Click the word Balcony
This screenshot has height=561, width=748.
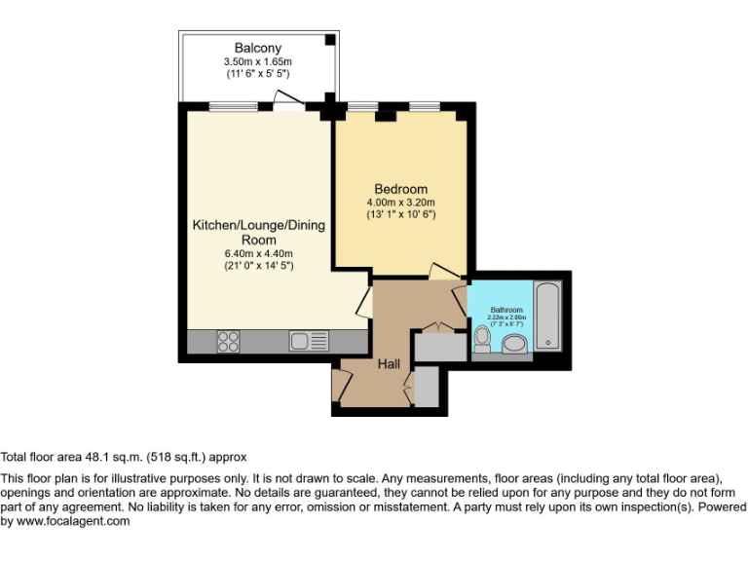pos(257,48)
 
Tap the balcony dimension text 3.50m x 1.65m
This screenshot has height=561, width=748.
pos(257,60)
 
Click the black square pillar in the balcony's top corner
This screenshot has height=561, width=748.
pos(331,40)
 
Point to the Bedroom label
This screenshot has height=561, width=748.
pos(400,189)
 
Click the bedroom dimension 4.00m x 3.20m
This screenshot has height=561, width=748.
pos(400,202)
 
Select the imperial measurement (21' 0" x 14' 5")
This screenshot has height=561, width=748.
pos(258,265)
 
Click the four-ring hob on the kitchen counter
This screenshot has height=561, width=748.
pos(229,341)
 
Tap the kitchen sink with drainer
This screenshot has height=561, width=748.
pos(308,341)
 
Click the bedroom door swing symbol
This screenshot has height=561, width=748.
pos(443,272)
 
